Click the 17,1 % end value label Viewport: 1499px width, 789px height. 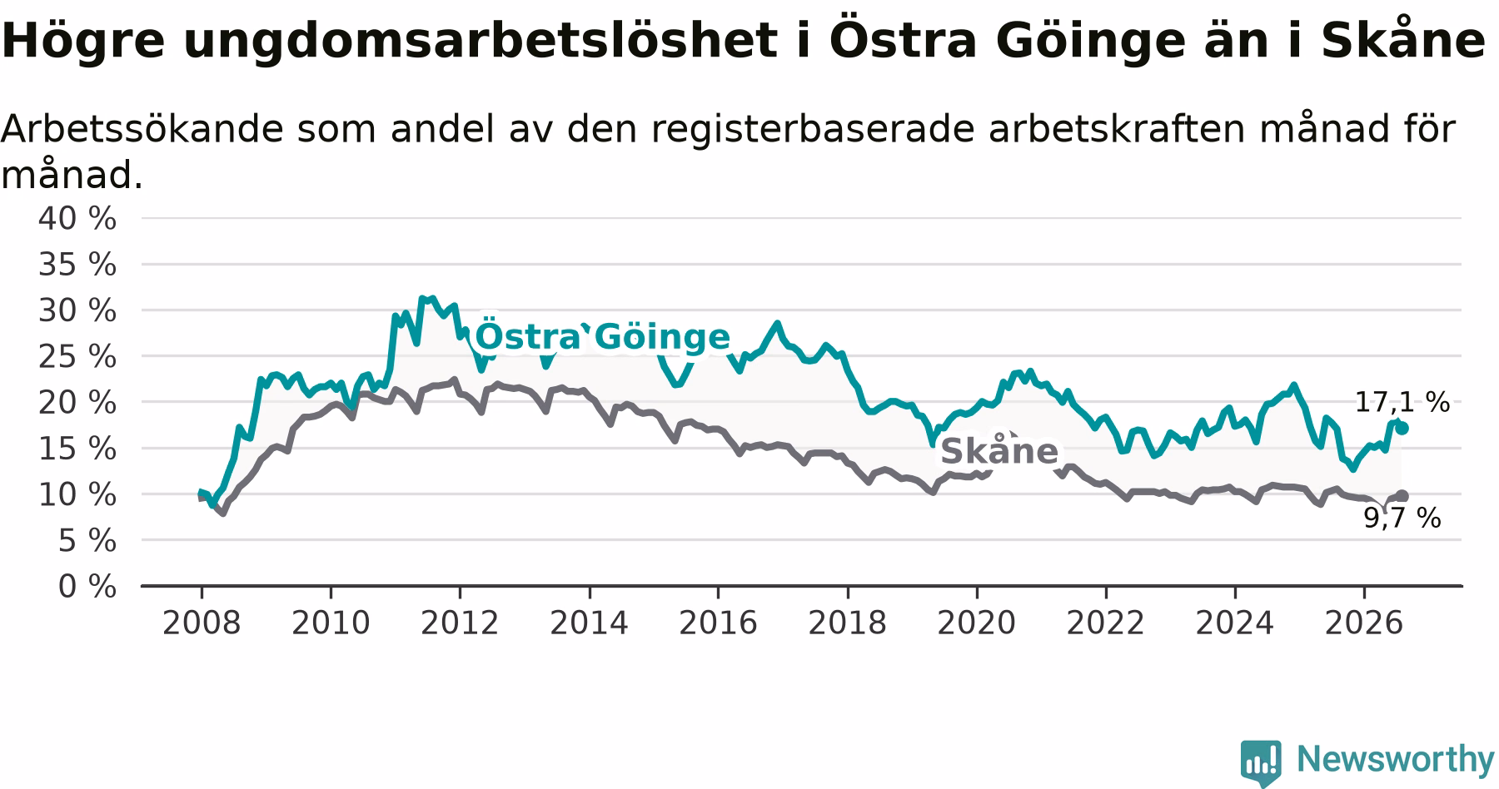(x=1402, y=403)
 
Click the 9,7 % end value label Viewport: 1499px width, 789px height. (x=1402, y=519)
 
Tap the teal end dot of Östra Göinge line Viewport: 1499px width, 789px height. (x=1402, y=428)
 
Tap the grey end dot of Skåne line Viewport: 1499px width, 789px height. (x=1402, y=496)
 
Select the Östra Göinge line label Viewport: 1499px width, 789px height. (x=602, y=337)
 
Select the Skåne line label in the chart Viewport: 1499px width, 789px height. (x=999, y=450)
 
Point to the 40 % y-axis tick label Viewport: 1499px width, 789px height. (x=77, y=219)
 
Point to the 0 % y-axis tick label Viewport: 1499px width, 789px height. (x=87, y=587)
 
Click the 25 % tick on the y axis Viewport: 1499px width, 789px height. (x=77, y=357)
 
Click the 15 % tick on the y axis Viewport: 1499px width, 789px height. (x=77, y=449)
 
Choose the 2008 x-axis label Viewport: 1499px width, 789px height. (x=202, y=623)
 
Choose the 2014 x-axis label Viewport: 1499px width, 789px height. (x=589, y=623)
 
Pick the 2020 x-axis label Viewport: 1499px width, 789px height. (x=977, y=623)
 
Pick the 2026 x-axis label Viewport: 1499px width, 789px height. (x=1364, y=623)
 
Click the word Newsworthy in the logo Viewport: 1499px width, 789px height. (x=1396, y=759)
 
